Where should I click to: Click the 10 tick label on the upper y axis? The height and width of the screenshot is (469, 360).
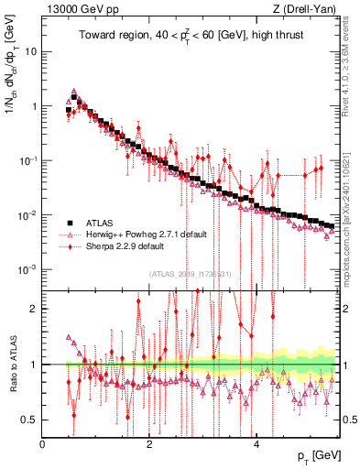click(31, 51)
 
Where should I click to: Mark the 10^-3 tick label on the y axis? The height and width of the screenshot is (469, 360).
click(27, 269)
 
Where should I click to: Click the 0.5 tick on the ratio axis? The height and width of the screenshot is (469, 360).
click(29, 420)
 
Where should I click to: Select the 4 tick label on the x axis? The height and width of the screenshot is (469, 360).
click(256, 443)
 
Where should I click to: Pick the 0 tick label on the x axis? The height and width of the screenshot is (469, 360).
click(43, 443)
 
